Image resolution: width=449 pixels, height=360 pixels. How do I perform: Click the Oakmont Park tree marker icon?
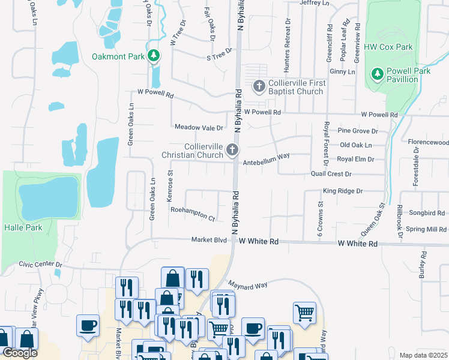(154, 56)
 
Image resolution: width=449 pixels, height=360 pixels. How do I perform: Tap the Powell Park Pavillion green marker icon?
(378, 74)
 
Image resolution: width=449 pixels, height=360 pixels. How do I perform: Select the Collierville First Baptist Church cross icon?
(259, 86)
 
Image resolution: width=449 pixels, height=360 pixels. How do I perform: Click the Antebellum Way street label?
(266, 156)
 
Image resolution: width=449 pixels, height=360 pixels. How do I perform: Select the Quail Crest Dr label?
(331, 173)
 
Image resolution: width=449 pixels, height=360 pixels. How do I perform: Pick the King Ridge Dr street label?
(343, 191)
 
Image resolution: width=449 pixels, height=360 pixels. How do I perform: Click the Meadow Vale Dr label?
(199, 127)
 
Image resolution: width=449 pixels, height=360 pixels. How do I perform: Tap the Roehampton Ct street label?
(193, 213)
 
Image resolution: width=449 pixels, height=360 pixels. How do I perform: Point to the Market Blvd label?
(209, 240)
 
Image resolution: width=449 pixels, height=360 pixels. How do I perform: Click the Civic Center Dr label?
(40, 263)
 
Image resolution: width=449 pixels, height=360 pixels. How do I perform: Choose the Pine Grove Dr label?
(358, 130)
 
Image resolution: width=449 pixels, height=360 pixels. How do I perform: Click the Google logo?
(20, 353)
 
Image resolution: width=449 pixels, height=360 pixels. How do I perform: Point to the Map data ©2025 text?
(423, 355)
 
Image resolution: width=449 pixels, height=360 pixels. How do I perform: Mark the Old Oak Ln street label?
(356, 145)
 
